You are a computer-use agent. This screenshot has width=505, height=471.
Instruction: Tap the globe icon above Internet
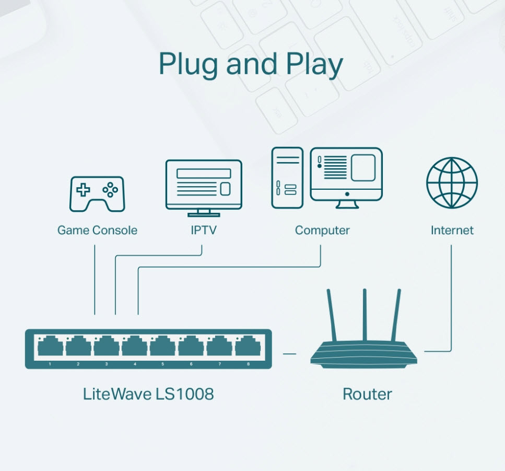click(452, 183)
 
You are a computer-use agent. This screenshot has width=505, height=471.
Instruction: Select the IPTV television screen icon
click(204, 188)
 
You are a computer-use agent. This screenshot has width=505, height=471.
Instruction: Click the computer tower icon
click(287, 178)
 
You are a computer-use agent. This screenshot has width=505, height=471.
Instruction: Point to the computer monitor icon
click(346, 178)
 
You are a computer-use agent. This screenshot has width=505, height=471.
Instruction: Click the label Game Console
click(97, 230)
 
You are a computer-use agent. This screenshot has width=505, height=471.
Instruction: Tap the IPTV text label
click(204, 230)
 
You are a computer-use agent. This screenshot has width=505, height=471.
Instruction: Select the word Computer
click(322, 231)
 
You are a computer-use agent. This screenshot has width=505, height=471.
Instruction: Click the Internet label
click(452, 230)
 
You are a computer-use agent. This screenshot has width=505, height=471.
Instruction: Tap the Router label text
click(367, 394)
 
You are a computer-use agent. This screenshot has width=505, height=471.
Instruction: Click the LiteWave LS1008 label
click(148, 394)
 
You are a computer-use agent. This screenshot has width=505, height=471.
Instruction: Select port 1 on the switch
click(50, 346)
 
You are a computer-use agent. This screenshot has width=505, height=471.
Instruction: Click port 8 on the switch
click(248, 346)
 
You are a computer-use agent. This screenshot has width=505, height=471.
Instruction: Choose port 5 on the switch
click(162, 346)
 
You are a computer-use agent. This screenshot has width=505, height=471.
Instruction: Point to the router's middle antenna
click(365, 315)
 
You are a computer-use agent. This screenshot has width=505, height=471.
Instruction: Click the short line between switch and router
click(289, 354)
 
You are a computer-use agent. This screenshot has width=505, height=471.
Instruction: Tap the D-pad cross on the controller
click(83, 190)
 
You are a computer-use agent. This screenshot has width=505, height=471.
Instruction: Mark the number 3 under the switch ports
click(107, 364)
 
